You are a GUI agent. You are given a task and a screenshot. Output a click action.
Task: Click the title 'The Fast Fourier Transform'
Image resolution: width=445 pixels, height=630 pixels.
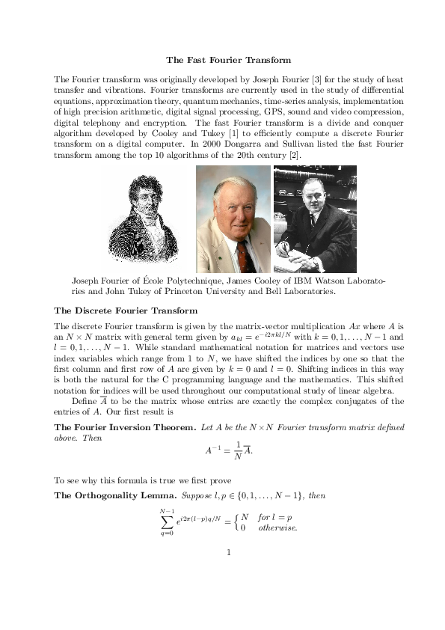pyautogui.click(x=228, y=59)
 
